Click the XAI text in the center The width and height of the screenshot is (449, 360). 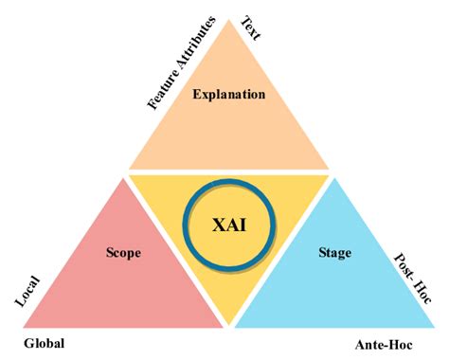point(229,225)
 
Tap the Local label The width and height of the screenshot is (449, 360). point(27,290)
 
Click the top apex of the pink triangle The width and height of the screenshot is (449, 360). point(123,177)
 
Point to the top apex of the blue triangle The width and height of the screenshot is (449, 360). point(334,177)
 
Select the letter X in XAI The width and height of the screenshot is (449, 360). point(216,225)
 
